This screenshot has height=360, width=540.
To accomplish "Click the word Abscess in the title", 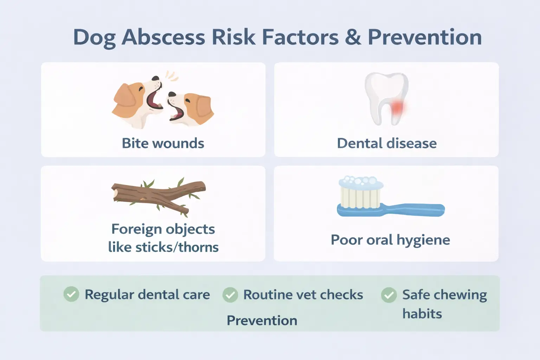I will coord(163,37).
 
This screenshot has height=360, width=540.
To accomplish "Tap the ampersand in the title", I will coord(353,37).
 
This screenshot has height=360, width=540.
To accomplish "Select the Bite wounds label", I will coord(163,143).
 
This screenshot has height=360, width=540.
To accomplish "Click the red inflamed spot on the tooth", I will coord(397,107).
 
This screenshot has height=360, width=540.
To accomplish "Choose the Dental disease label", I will coord(387,143).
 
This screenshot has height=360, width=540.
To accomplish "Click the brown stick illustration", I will coord(158,195).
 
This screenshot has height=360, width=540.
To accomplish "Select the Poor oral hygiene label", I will coord(390,240).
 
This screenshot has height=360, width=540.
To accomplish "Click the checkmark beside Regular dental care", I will coord(71,294).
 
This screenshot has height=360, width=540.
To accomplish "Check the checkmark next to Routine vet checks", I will coord(230,295).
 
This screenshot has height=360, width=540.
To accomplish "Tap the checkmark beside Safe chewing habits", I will coord(389,295).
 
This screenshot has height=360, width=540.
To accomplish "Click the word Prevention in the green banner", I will coord(262,321).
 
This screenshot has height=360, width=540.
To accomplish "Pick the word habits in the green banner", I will coord(422,314).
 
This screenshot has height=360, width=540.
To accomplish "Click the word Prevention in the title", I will coord(425,37).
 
